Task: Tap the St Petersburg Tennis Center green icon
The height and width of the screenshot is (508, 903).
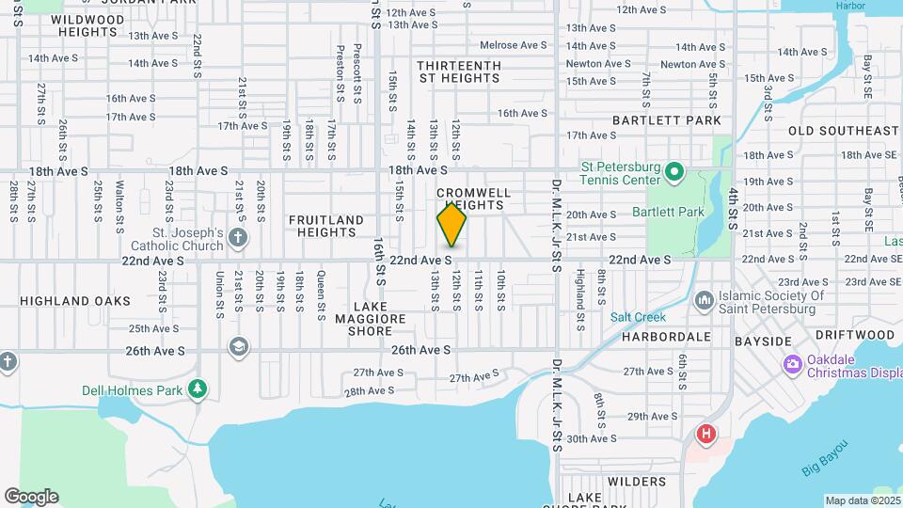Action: pyautogui.click(x=673, y=171)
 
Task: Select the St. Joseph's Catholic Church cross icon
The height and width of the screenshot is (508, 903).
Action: pyautogui.click(x=238, y=235)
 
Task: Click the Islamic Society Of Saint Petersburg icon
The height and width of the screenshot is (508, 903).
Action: pyautogui.click(x=704, y=301)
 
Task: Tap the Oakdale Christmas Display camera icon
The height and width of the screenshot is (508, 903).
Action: pyautogui.click(x=792, y=363)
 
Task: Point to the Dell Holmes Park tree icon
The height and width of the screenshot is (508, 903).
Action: pyautogui.click(x=197, y=388)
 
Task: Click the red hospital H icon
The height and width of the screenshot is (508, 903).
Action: pyautogui.click(x=705, y=434)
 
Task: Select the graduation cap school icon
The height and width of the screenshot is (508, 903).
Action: pyautogui.click(x=239, y=347)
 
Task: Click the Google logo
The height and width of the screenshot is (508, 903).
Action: pyautogui.click(x=31, y=496)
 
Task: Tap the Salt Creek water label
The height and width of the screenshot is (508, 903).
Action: pyautogui.click(x=631, y=317)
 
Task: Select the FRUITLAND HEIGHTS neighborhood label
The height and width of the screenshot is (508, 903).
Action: pyautogui.click(x=325, y=227)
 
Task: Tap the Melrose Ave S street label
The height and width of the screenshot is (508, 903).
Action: pyautogui.click(x=513, y=45)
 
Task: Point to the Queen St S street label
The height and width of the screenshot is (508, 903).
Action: pyautogui.click(x=321, y=292)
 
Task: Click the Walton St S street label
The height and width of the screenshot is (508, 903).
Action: pyautogui.click(x=119, y=206)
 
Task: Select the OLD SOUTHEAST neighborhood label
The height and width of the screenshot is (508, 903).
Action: pyautogui.click(x=843, y=131)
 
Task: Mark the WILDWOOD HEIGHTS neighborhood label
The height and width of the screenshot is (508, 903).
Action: pyautogui.click(x=86, y=25)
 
